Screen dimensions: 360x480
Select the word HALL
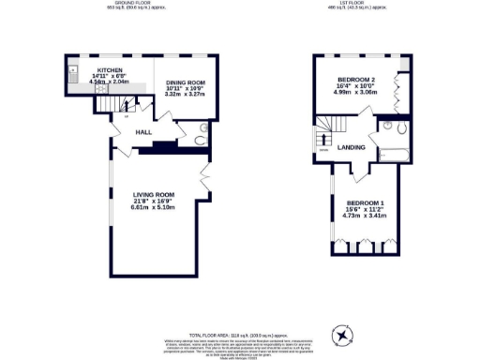(x=143, y=132)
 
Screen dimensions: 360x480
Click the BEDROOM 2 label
(x=360, y=80)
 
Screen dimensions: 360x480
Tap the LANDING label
(x=351, y=148)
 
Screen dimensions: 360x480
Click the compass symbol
(x=344, y=334)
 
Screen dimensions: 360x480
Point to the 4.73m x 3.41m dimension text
(x=365, y=217)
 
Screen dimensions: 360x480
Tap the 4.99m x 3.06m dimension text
(x=360, y=93)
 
